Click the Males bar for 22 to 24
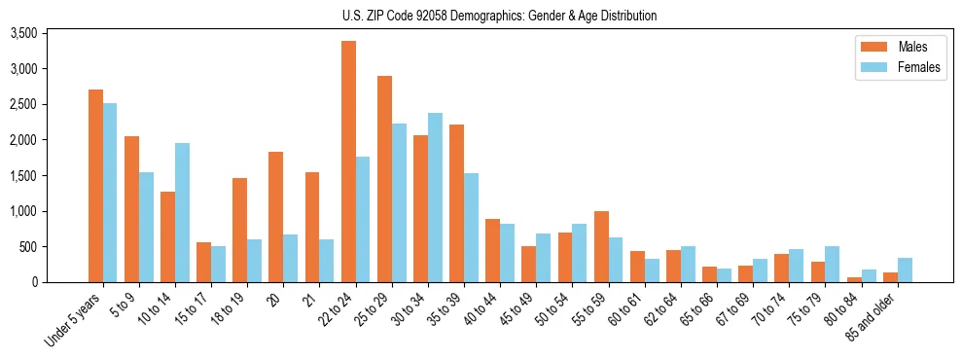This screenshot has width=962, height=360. pos(348,162)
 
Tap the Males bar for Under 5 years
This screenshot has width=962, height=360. pos(95,186)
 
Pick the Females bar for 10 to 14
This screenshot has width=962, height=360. pos(182,212)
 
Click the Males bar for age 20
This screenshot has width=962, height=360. pos(276,217)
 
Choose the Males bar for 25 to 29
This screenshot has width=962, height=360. pos(384,179)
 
